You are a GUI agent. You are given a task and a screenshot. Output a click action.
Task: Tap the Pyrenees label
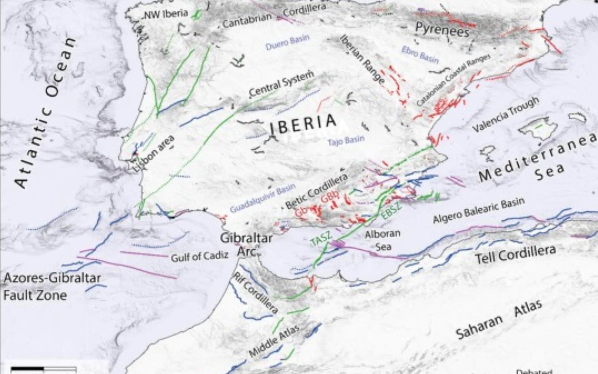tap(442, 30)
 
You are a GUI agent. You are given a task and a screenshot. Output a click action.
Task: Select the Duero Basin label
tap(287, 43)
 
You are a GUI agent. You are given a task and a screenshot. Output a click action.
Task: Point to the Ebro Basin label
tap(420, 55)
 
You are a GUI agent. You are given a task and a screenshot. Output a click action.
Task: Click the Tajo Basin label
tap(346, 141)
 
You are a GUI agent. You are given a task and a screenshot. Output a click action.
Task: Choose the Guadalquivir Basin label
tap(263, 199)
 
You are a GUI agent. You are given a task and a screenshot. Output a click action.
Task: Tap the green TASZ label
tap(321, 238)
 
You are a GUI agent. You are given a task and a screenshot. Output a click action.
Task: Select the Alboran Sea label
tap(382, 240)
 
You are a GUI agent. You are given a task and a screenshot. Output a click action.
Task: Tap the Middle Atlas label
tap(274, 341)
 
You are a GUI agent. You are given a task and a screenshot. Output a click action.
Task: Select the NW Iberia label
tap(166, 14)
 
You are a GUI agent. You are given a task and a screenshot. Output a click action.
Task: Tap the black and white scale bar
tap(44, 369)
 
